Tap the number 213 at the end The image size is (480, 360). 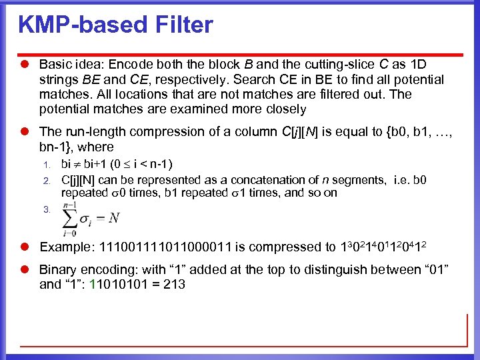[174, 285]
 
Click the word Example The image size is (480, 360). [66, 247]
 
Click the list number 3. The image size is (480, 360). [47, 209]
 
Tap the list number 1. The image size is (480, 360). [47, 165]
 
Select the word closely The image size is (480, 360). [284, 109]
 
